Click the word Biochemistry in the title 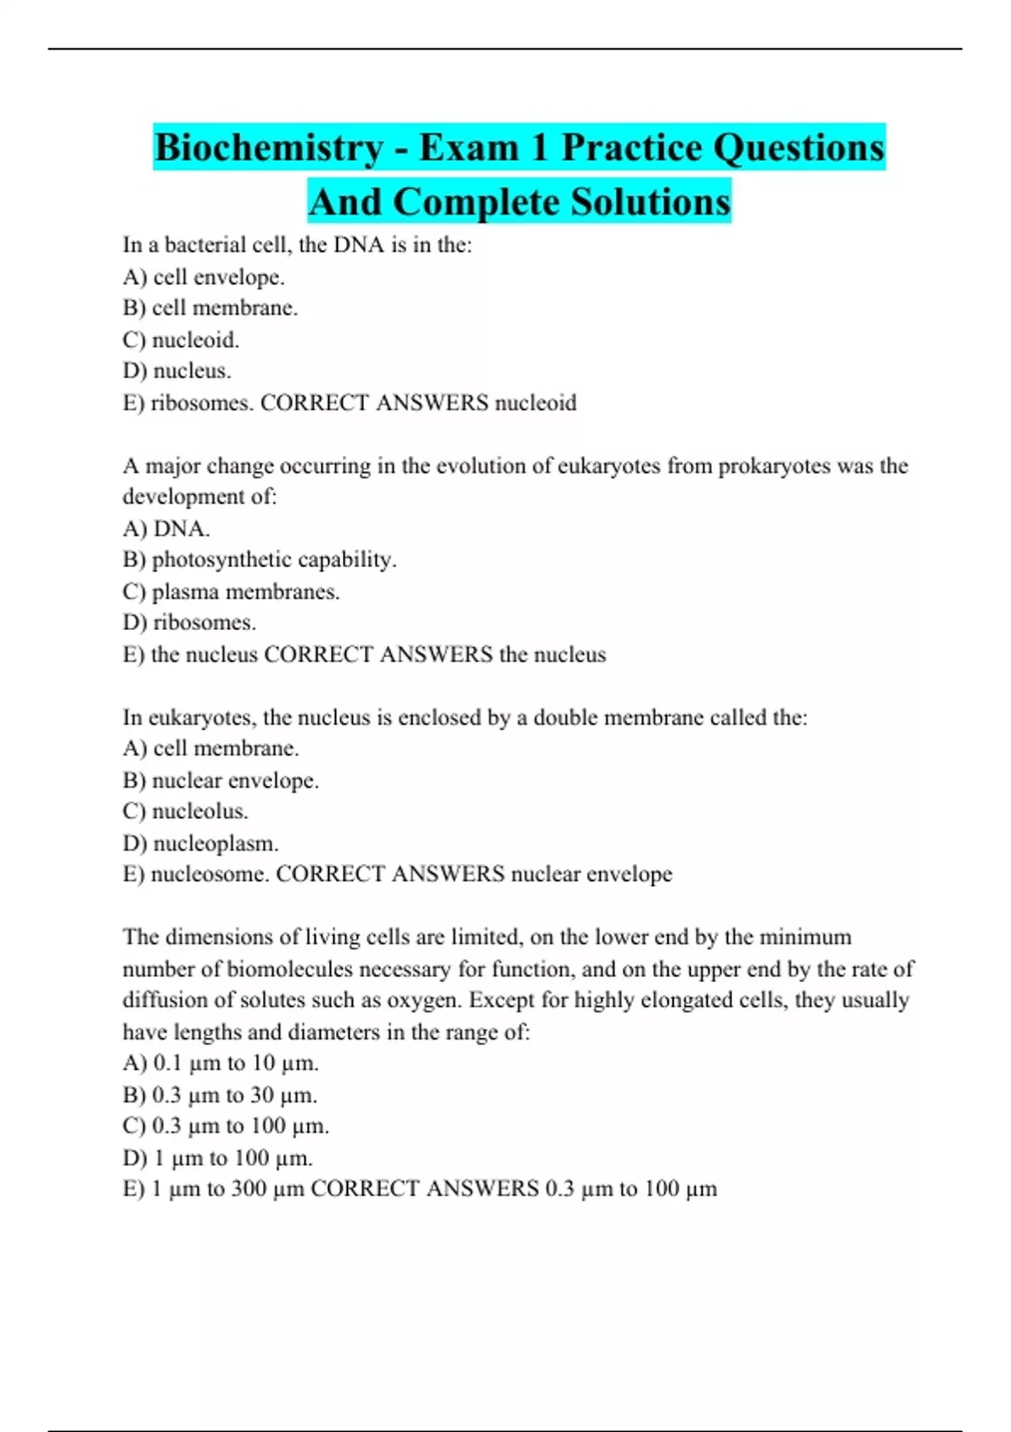coord(269,148)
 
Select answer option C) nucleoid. coord(181,340)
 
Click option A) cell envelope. coord(204,277)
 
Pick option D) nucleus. coord(177,371)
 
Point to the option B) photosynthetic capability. coord(259,560)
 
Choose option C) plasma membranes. coord(232,592)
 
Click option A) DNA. coord(167,529)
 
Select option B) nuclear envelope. coord(221,781)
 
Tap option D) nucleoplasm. coord(201,843)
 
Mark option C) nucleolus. coord(185,812)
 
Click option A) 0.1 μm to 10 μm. coord(221,1064)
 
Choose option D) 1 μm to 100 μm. coord(218,1158)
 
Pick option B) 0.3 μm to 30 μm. coord(221,1095)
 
